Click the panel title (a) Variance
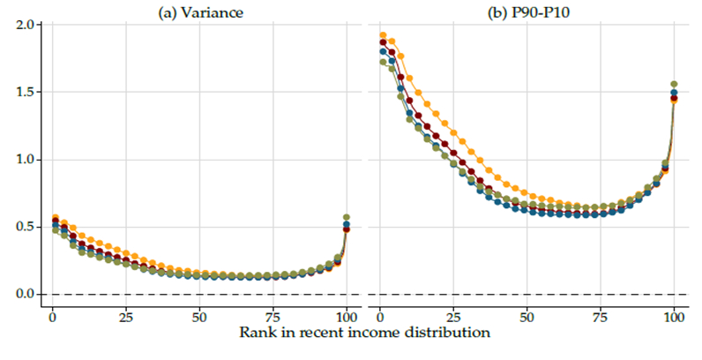(x=200, y=11)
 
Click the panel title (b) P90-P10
(x=527, y=11)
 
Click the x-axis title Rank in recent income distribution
(x=363, y=334)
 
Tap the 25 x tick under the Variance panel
(x=126, y=317)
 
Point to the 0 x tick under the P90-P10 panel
(x=379, y=317)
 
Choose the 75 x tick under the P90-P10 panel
(x=601, y=317)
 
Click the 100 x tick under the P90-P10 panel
(x=675, y=317)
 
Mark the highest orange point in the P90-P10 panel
(x=383, y=35)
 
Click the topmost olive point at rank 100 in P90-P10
(x=675, y=85)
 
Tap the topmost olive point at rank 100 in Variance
(x=347, y=217)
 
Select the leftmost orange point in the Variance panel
(x=55, y=217)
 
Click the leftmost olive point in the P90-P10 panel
(x=383, y=62)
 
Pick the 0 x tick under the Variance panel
(x=52, y=317)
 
